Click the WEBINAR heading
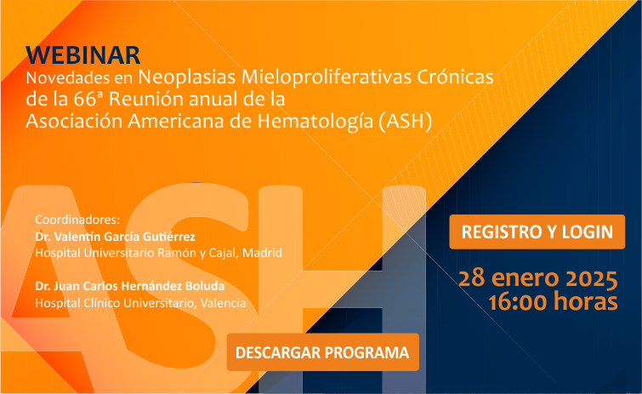pyautogui.click(x=83, y=55)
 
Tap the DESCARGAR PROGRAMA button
pyautogui.click(x=322, y=352)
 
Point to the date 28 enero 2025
pyautogui.click(x=537, y=278)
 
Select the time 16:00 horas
pyautogui.click(x=553, y=302)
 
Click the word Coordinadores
pyautogui.click(x=77, y=220)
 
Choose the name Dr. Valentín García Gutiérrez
pyautogui.click(x=115, y=237)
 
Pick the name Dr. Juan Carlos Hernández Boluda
pyautogui.click(x=130, y=286)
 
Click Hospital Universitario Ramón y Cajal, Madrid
pyautogui.click(x=158, y=253)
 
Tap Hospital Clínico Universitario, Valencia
pyautogui.click(x=140, y=303)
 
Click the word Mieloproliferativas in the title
pyautogui.click(x=327, y=77)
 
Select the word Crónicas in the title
pyautogui.click(x=455, y=77)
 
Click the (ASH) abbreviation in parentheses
pyautogui.click(x=405, y=121)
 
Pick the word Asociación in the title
pyautogui.click(x=74, y=121)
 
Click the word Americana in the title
pyautogui.click(x=176, y=121)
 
